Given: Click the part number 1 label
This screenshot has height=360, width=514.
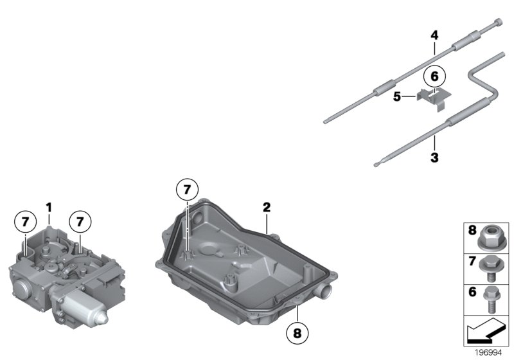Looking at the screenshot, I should point(48,207).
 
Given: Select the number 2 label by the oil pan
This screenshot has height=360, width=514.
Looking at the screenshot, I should point(267,208).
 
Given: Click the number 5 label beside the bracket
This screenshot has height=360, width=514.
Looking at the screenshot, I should point(397,96).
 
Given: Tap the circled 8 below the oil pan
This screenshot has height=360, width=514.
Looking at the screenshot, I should point(297,333).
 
